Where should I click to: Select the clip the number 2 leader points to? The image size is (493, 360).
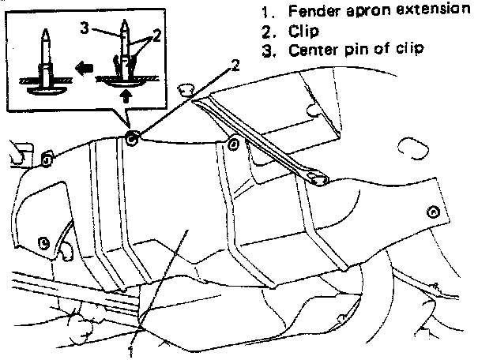tap(131, 139)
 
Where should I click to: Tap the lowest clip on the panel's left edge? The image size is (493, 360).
tap(44, 240)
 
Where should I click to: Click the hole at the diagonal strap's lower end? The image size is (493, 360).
tap(318, 180)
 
